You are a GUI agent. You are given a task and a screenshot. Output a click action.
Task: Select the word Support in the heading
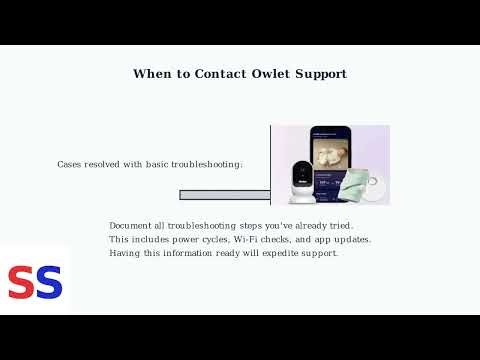(x=319, y=74)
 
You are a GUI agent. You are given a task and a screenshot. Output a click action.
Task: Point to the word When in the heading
(x=152, y=74)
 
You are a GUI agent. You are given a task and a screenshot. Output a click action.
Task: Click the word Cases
(x=71, y=164)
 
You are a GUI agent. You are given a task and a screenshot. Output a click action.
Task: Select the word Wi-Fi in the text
(x=249, y=240)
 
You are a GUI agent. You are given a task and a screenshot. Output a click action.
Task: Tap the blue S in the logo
(x=49, y=283)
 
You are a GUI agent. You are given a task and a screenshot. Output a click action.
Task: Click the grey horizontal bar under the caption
(x=210, y=195)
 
